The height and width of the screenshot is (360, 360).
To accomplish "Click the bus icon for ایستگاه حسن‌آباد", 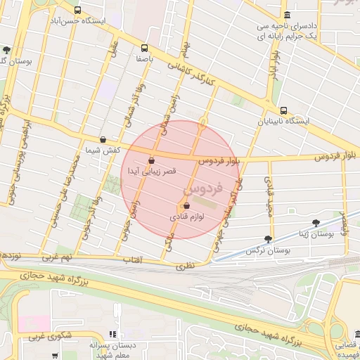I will pyautogui.click(x=77, y=11).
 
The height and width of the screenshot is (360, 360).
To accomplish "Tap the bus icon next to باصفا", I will pyautogui.click(x=144, y=49).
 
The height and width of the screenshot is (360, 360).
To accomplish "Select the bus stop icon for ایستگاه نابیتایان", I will pyautogui.click(x=283, y=110).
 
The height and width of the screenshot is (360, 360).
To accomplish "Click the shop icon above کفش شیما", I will pyautogui.click(x=103, y=139).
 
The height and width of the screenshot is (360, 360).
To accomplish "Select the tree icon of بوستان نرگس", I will pyautogui.click(x=267, y=239).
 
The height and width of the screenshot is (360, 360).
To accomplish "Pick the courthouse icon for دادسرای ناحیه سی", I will pyautogui.click(x=286, y=15).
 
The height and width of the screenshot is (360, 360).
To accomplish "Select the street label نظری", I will pyautogui.click(x=184, y=266).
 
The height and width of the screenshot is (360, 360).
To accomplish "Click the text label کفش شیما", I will pyautogui.click(x=103, y=150).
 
